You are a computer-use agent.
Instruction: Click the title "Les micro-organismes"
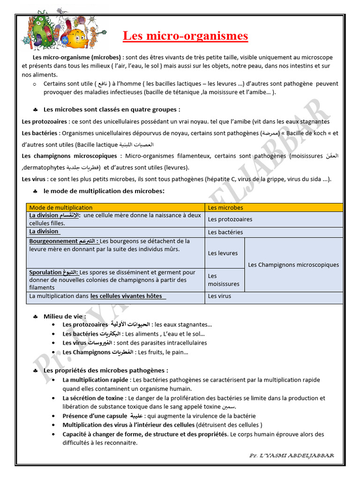click(x=185, y=36)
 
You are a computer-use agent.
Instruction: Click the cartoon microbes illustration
click(x=65, y=30)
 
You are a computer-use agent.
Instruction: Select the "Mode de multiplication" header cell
click(x=116, y=207)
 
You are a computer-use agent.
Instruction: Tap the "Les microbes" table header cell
click(x=274, y=207)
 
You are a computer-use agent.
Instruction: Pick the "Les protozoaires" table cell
click(x=274, y=219)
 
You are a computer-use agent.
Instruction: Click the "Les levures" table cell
click(x=224, y=253)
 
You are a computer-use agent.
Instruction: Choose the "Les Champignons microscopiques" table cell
click(x=293, y=265)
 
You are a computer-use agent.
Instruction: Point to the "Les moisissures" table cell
click(x=224, y=280)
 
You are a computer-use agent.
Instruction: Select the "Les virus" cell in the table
click(x=274, y=296)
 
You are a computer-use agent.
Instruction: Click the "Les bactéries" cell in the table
click(x=274, y=232)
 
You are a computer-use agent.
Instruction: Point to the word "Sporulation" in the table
click(x=45, y=272)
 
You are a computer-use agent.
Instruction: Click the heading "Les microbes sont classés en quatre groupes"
click(x=112, y=109)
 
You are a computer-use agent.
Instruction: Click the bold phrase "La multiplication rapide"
click(x=96, y=380)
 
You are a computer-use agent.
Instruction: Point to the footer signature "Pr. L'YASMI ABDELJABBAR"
click(x=291, y=455)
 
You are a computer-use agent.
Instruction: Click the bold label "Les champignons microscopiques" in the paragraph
click(x=69, y=156)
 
